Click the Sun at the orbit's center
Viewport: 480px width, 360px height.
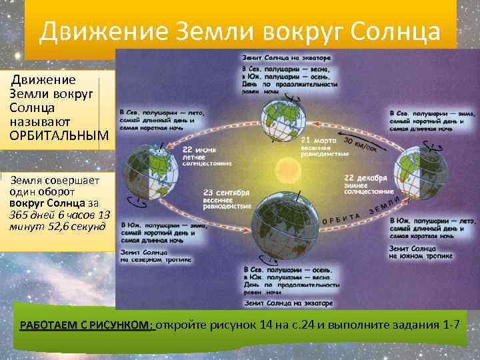coord(291,167)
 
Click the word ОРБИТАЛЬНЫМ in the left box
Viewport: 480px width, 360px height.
coord(59,135)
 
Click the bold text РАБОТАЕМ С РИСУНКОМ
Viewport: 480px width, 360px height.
coord(87,325)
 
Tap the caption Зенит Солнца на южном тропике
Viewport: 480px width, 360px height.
coord(421,252)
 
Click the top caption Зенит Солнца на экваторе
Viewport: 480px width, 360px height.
coord(286,58)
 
